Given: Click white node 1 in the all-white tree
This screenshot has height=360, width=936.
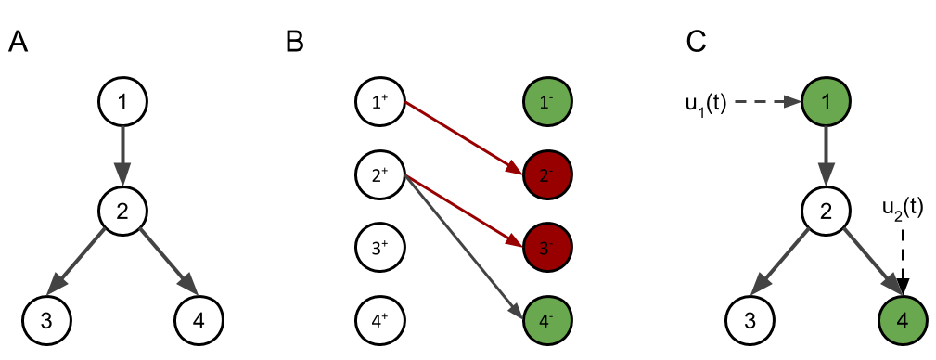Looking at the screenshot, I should coord(122,101).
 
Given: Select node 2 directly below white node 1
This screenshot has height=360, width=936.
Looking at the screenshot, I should coord(122,211).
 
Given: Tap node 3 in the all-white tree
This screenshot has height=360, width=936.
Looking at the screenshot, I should coord(47,321).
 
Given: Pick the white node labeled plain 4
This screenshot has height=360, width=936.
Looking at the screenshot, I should coord(199,321).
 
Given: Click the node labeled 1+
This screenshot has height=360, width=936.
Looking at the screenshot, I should coord(380,101).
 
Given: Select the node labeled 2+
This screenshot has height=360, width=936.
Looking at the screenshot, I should coord(380,174).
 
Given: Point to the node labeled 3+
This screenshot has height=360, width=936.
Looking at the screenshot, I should coord(380,248).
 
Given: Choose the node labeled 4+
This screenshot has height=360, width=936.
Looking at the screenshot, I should coord(380,321).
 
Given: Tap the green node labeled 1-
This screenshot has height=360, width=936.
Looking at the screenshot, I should coord(547,101).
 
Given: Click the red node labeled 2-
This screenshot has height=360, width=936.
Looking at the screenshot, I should coord(547,174).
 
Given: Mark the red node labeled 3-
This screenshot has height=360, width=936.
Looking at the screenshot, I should coord(547,248).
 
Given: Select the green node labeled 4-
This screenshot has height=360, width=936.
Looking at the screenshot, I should coord(547,321).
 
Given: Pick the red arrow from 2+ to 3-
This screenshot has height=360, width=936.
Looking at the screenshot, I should coord(464,211).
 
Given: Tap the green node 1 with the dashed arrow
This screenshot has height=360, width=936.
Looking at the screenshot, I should coord(827,101).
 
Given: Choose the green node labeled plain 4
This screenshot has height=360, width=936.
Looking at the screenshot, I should coord(903,321).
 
